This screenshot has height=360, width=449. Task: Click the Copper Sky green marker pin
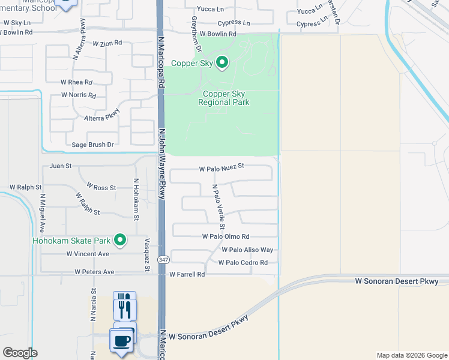222,62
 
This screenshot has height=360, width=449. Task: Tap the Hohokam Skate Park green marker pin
120,241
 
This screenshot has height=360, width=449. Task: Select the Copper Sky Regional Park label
224,98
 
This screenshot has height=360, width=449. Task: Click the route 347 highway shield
163,260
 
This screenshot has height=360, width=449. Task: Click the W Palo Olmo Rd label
226,237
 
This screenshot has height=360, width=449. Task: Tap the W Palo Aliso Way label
247,250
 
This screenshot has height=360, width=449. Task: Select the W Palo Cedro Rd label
243,262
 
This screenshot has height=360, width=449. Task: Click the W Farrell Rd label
187,274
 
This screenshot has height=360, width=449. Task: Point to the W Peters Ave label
94,272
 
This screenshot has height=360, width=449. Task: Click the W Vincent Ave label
88,254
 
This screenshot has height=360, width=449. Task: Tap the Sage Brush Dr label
92,145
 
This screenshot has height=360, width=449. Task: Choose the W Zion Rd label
107,43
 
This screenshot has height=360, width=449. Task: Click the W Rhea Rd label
76,82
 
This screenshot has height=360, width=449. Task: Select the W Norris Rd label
79,95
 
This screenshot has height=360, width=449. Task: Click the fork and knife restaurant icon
124,308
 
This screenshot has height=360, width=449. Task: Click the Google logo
20,353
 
